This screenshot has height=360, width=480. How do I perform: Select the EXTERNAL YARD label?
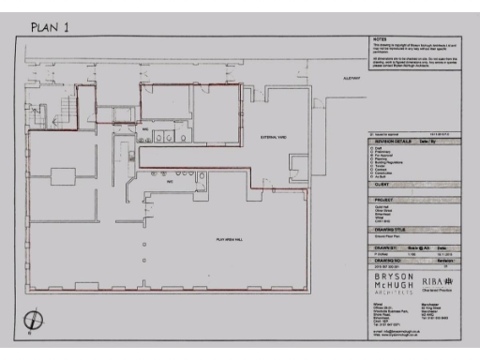pos(274,137)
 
